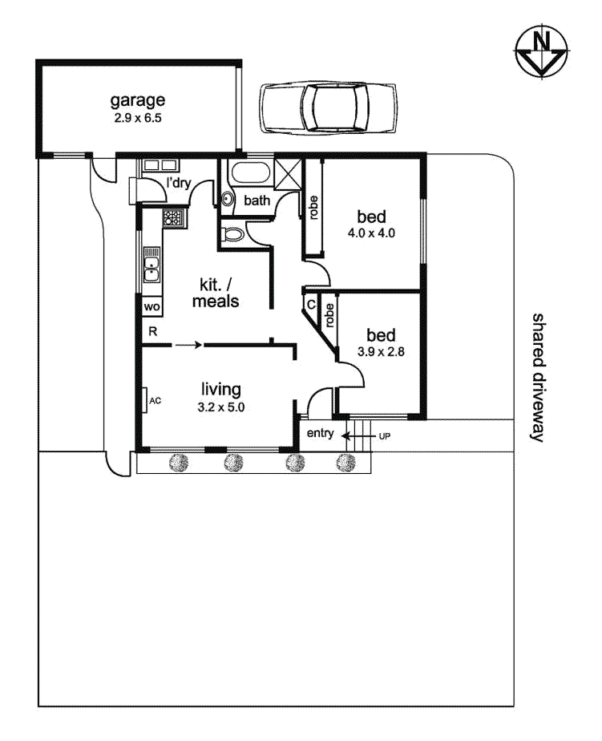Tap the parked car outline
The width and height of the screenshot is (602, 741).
coord(328,107)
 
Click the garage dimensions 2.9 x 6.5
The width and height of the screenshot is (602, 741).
coord(138,118)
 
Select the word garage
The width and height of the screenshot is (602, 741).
coord(138,101)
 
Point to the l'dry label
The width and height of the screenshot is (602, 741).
coord(179,182)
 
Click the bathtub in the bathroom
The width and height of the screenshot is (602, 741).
coord(251,173)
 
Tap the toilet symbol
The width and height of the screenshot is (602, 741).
coord(232,233)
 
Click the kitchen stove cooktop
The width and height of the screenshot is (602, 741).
coord(172,218)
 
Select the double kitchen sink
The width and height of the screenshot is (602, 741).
coord(152,265)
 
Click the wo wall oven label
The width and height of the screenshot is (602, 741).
coord(152,306)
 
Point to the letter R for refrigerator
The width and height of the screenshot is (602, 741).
coord(152,331)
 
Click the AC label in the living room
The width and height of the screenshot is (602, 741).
coord(155,401)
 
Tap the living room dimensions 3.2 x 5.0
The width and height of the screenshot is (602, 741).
coord(220,407)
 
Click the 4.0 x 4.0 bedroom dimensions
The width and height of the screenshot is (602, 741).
coord(371,233)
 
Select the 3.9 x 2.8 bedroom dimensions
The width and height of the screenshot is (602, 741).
coord(381,351)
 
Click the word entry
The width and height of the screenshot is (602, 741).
coord(321,433)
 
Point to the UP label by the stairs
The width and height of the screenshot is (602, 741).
coord(385,436)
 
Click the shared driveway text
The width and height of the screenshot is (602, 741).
coord(538,377)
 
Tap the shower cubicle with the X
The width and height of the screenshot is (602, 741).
coord(288,174)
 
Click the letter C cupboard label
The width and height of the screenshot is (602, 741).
coord(311,305)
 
